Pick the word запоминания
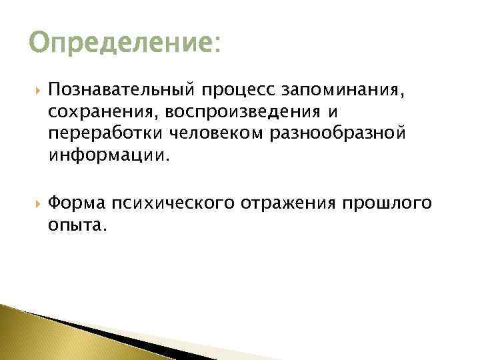344,89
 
